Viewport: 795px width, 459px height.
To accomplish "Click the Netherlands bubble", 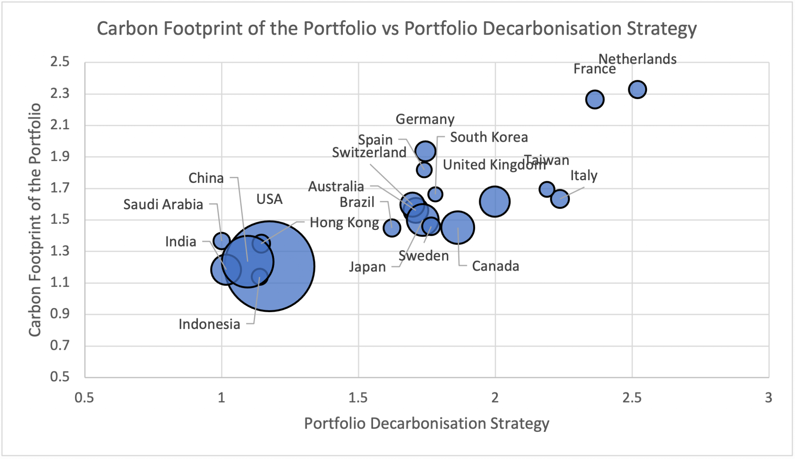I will pos(637,90).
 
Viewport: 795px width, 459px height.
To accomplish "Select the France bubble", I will pos(595,100).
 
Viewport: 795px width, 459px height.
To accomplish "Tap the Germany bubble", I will pos(425,151).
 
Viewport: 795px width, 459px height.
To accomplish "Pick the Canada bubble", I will pos(458,228).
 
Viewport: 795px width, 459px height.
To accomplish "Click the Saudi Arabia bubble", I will pos(221,241).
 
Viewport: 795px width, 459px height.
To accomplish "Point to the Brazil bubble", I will pos(392,228).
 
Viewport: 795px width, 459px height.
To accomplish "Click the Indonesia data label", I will pos(209,324).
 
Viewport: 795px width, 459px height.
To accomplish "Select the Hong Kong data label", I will pos(344,223).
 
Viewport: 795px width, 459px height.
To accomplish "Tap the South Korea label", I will pos(489,137).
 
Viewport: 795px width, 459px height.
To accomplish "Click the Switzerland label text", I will pos(369,153).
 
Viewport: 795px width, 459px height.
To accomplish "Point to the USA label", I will pos(269,199).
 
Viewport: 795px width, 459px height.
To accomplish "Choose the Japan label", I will pos(367,267).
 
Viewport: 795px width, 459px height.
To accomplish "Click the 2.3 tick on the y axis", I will pos(60,94).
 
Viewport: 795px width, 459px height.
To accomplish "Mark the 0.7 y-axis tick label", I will pos(60,345).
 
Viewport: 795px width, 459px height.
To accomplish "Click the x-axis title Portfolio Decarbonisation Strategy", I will pos(426,423).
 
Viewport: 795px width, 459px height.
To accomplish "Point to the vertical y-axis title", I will pos(35,219).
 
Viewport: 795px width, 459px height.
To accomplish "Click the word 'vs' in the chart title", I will pos(391,28).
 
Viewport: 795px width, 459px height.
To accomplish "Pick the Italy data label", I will pos(583,176).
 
